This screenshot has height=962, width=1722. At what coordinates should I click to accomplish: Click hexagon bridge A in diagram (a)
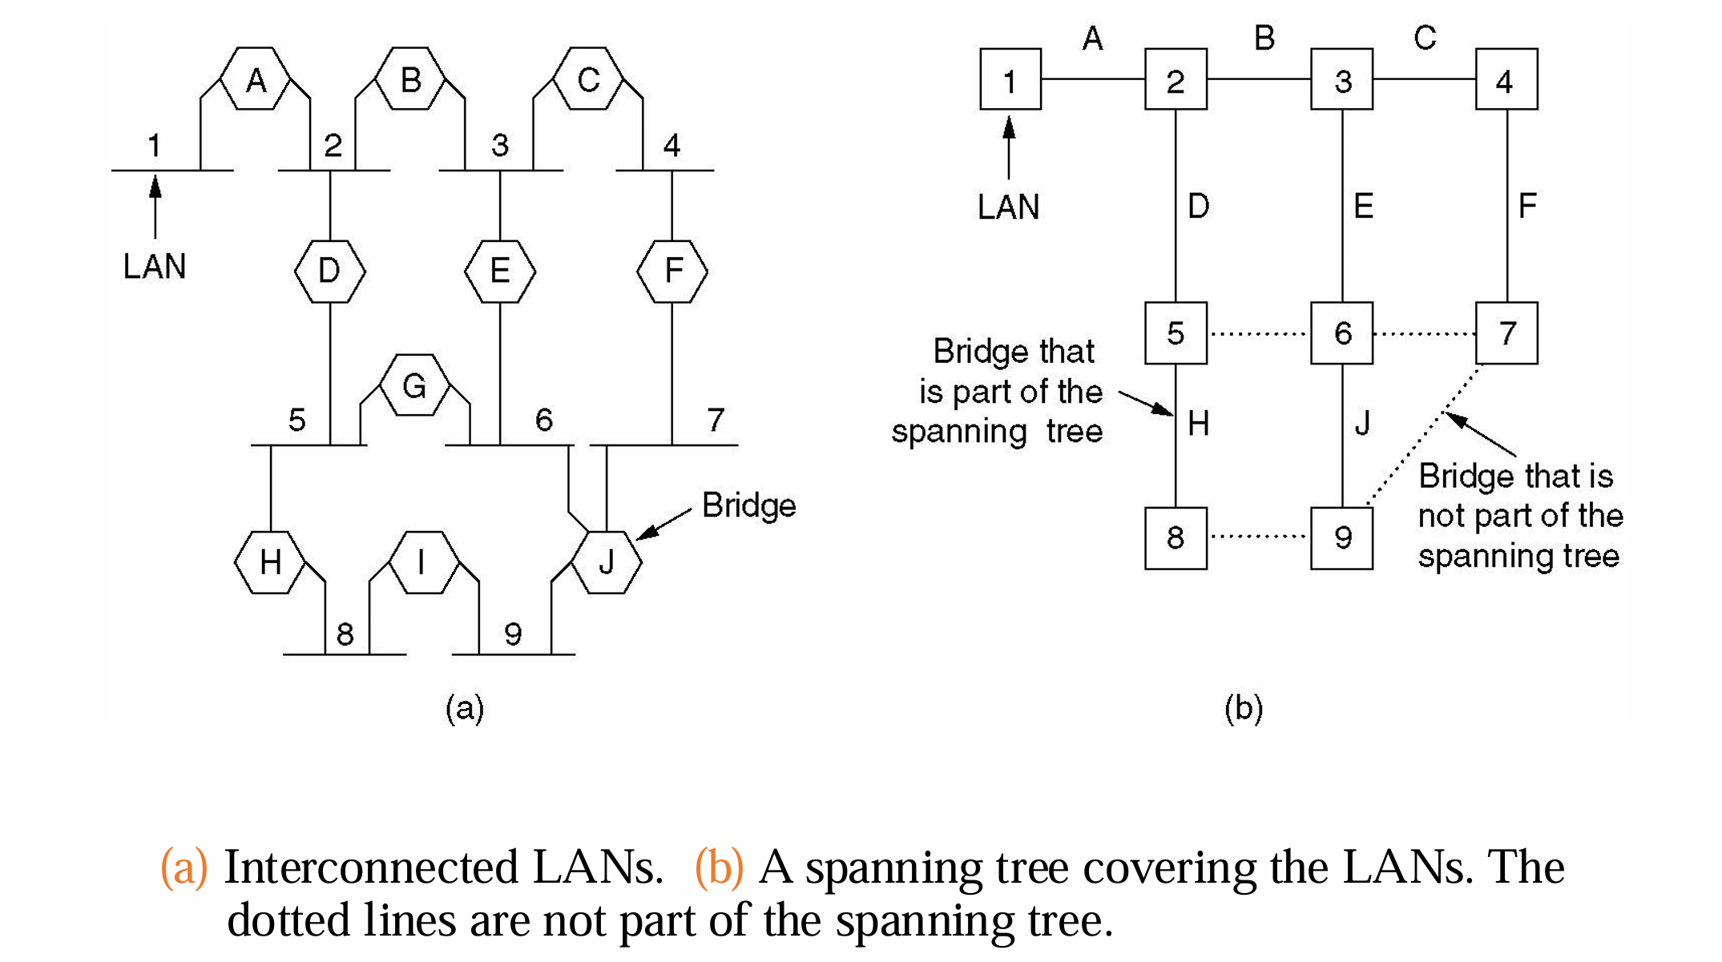[255, 79]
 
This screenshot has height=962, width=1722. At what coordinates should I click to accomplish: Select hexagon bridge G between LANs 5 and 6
[414, 385]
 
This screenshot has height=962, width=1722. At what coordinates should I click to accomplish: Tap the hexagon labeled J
[607, 562]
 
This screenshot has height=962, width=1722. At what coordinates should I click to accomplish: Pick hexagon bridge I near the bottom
[422, 562]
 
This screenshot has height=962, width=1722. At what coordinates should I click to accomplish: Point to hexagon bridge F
[672, 272]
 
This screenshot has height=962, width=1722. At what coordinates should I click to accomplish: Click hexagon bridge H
[270, 562]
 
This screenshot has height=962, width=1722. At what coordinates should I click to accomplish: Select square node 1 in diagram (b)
[1010, 79]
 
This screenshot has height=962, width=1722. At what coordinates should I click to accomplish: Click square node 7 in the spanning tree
[1506, 333]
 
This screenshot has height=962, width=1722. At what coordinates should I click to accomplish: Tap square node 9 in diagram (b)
[1342, 537]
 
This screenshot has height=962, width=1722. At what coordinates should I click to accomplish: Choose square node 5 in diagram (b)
[1176, 333]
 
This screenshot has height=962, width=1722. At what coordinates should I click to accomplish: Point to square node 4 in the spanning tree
[1506, 79]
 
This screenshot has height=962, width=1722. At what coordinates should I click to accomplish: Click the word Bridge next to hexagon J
[748, 505]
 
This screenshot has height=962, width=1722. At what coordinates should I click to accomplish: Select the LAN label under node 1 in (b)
[1008, 207]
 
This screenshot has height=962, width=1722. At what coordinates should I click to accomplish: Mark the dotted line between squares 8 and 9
[1258, 537]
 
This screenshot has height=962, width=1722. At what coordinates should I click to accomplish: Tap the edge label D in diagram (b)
[1198, 207]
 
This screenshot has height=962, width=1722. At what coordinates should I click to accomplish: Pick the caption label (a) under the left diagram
[465, 708]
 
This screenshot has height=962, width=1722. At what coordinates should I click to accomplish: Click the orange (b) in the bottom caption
[719, 867]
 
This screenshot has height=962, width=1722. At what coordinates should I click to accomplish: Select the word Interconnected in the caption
[371, 867]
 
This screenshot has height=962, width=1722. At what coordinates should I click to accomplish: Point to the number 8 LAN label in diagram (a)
[345, 634]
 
